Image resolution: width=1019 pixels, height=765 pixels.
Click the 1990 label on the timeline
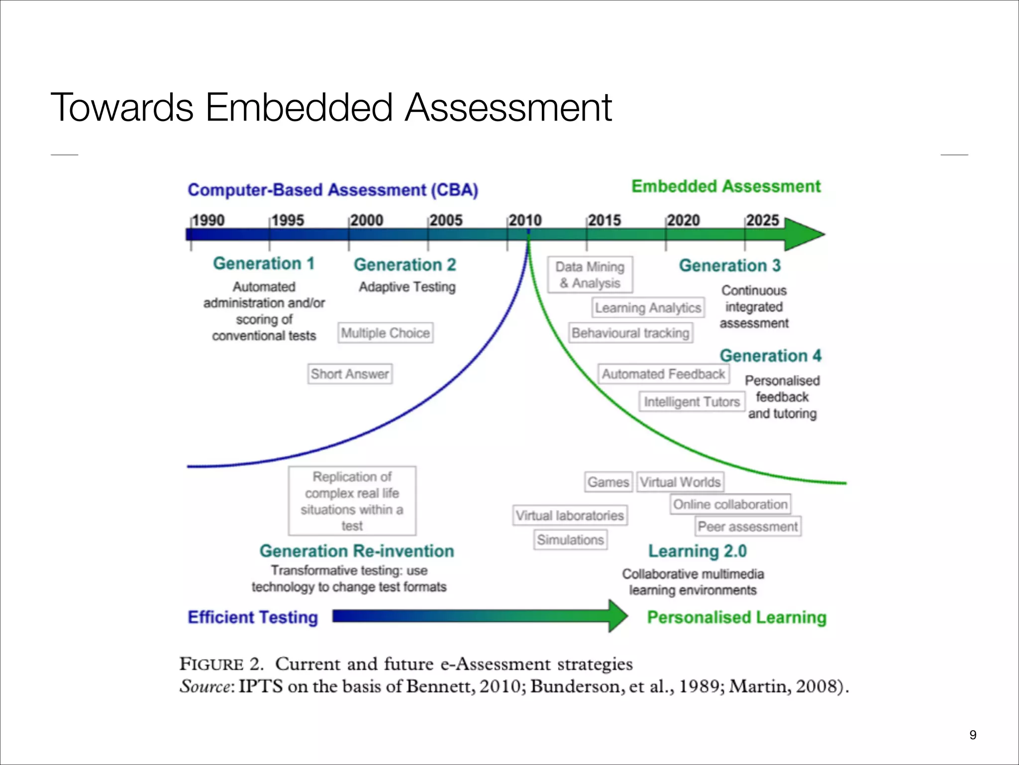coord(208,220)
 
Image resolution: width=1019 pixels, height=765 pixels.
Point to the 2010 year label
coord(525,220)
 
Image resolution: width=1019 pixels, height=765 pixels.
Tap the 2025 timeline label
coord(762,220)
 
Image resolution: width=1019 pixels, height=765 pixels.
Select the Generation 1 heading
coord(264,263)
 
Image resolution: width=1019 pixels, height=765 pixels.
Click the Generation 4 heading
coord(770,356)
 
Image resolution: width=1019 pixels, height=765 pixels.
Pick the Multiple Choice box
coord(386,333)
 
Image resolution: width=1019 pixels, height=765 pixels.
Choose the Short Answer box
coord(350,374)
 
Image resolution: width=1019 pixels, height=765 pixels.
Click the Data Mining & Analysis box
coord(590,275)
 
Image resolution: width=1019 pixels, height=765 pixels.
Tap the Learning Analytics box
coord(648,308)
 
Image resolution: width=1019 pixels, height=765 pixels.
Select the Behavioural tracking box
coord(631,333)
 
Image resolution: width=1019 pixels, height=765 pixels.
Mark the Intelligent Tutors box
coord(692,401)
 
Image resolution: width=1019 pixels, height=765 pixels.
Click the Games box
coord(608,482)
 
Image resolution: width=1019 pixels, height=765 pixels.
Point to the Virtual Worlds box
coord(680,482)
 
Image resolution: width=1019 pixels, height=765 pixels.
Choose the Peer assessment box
coord(747,526)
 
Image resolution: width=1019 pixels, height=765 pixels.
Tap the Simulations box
coord(571,539)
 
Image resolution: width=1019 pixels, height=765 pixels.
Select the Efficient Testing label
coord(253,617)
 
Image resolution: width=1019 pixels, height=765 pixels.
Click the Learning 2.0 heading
coord(698,551)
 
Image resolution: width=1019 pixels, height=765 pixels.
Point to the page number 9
coord(973,735)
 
